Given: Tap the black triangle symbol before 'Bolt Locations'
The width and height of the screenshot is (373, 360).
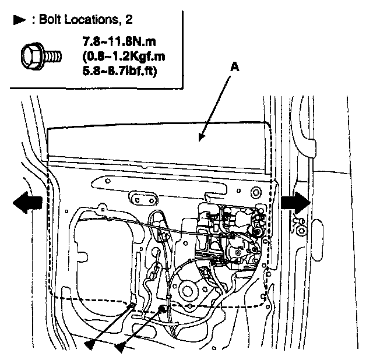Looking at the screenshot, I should (x=19, y=19).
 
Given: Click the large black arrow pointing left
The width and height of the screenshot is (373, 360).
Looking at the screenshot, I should (x=27, y=202).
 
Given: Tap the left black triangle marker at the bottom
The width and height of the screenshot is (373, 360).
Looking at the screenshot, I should (x=90, y=347).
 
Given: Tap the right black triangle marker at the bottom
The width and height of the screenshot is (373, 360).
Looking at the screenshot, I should (x=121, y=347).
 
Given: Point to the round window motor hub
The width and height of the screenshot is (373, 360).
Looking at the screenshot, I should (x=188, y=290).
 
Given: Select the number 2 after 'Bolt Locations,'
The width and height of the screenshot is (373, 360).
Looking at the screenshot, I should (x=129, y=20).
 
